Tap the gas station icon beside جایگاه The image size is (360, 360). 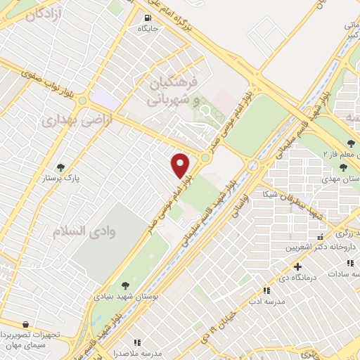(147, 18)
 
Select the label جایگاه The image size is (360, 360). (148, 30)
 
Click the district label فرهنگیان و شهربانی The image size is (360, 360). (172, 91)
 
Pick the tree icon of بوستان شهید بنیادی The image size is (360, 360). (124, 285)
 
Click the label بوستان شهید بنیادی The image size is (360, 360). (124, 296)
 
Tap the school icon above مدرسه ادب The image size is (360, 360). (266, 290)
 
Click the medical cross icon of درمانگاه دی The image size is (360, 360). (298, 267)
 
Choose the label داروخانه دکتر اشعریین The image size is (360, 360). (314, 247)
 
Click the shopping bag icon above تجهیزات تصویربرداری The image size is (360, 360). (26, 324)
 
